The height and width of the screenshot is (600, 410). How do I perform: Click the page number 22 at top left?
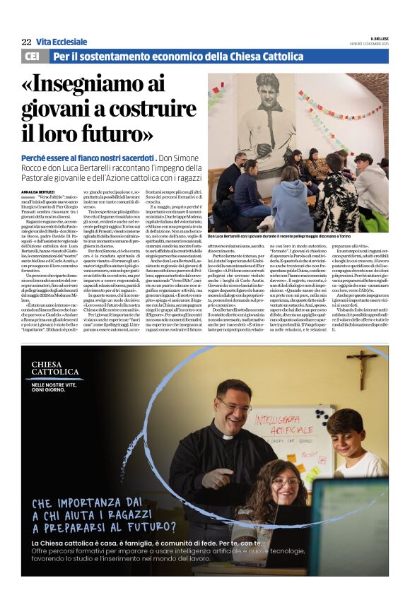[26, 42]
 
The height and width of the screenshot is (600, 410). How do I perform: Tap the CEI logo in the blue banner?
[32, 56]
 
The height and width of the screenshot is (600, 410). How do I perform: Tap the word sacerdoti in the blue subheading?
[134, 157]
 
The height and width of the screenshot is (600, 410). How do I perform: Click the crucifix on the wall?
[361, 366]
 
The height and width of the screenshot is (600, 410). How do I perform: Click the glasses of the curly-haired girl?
[285, 482]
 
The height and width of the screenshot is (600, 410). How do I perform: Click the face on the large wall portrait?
[266, 89]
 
